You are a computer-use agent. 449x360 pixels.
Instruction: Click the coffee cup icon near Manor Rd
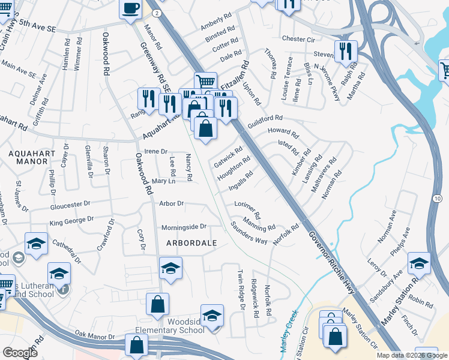tap(131, 8)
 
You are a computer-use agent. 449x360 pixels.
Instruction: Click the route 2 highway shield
tap(156, 12)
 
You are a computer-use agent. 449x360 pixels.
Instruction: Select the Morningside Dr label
tap(184, 227)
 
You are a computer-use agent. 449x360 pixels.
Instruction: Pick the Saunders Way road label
tap(249, 232)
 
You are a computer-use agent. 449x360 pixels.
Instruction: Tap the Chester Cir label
tap(298, 39)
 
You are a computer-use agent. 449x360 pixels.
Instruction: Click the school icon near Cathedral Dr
tap(36, 244)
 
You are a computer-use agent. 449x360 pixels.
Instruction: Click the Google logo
tap(20, 353)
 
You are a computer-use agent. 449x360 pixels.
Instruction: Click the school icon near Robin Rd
tap(419, 262)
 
